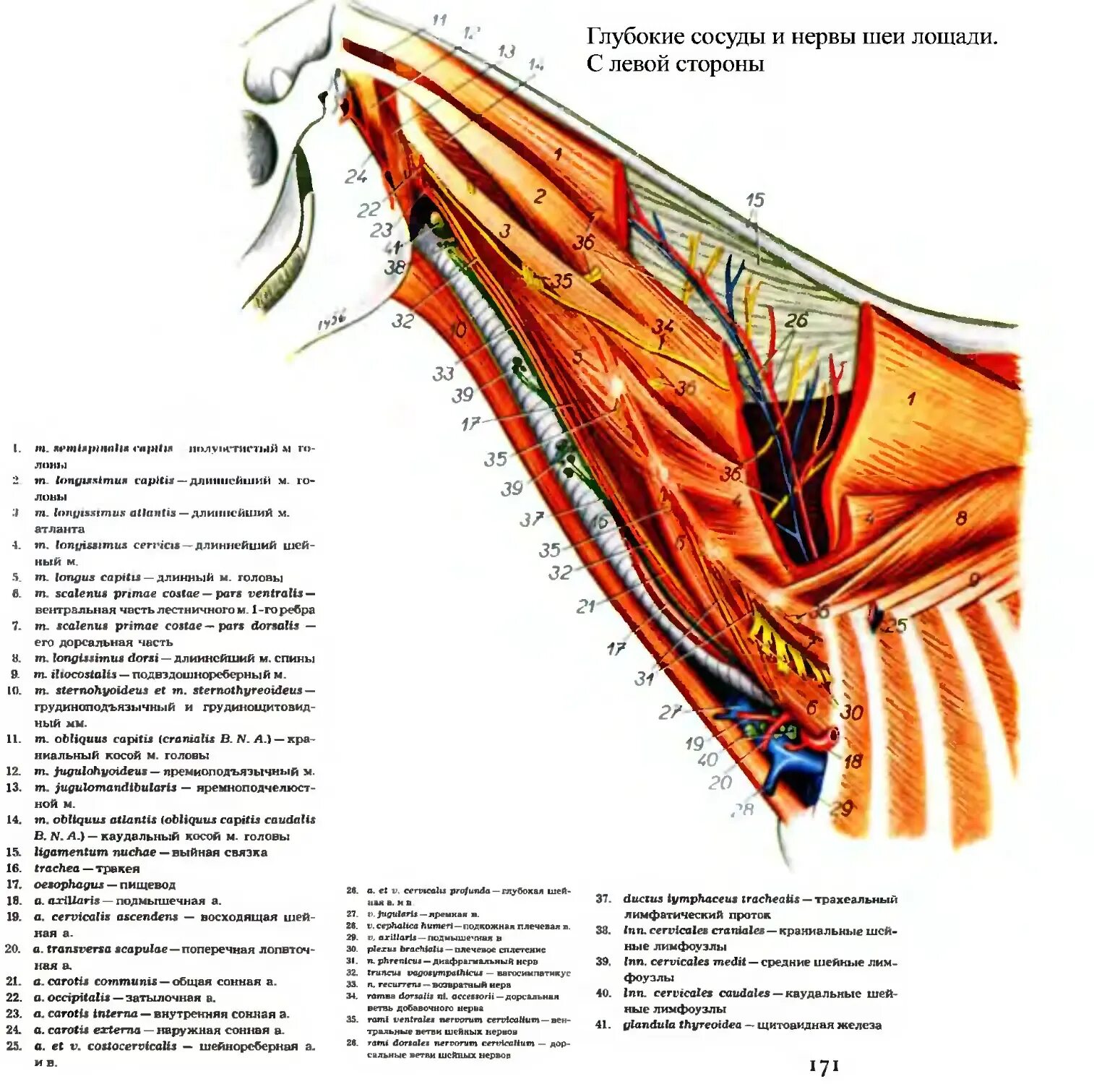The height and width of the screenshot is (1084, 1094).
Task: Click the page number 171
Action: (824, 1065)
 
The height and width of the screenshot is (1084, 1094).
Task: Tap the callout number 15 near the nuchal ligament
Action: (754, 199)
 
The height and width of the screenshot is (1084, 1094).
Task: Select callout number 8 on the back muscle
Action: (960, 517)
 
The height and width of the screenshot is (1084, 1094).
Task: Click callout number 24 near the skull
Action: (356, 176)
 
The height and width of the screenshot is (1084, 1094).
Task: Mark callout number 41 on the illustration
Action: (392, 248)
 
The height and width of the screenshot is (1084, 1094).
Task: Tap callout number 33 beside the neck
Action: (443, 373)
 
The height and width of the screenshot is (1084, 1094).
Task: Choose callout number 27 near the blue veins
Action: (669, 712)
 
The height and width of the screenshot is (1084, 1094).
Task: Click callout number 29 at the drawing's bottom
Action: (841, 807)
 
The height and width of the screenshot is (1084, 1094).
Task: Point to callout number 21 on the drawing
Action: (585, 606)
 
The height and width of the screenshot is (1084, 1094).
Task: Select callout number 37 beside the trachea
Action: (531, 519)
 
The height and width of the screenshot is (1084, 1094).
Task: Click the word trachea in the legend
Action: (57, 868)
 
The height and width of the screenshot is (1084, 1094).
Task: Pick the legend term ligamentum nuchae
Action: (95, 852)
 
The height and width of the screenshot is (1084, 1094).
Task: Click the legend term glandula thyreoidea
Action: (681, 1024)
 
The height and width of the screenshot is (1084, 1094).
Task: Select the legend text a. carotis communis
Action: (97, 981)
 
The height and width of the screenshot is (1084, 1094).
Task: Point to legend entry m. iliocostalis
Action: (76, 674)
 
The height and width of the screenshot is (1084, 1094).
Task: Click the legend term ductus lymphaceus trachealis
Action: (711, 899)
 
